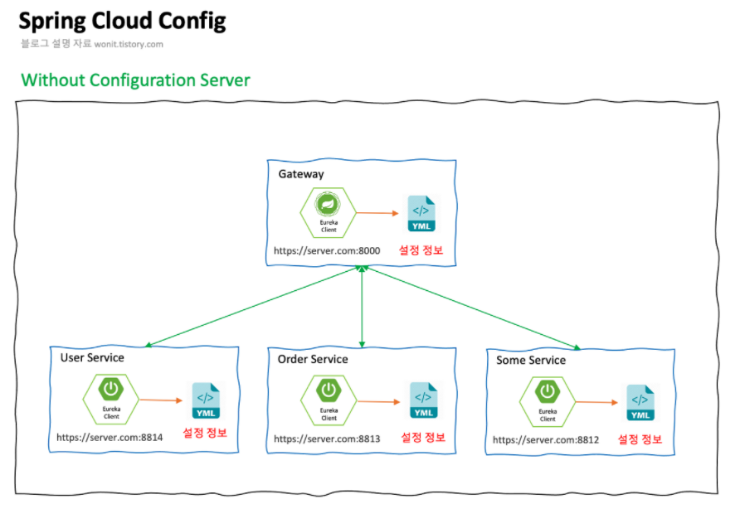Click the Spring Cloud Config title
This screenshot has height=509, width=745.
(x=122, y=21)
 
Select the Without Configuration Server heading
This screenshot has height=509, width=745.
(x=135, y=80)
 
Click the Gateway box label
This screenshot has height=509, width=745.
(x=301, y=174)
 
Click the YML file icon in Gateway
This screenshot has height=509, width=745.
(x=421, y=214)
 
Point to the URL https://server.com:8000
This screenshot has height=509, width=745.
(x=327, y=250)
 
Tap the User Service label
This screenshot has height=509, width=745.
(x=92, y=357)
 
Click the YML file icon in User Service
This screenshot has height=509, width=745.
(x=205, y=400)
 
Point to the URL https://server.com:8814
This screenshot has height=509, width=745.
(x=110, y=437)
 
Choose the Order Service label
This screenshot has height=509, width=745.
(x=313, y=359)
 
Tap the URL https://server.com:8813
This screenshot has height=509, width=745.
(x=327, y=439)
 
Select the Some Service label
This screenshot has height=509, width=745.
(x=531, y=361)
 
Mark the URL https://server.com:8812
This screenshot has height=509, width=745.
(x=546, y=440)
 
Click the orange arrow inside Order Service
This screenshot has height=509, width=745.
(x=379, y=401)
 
